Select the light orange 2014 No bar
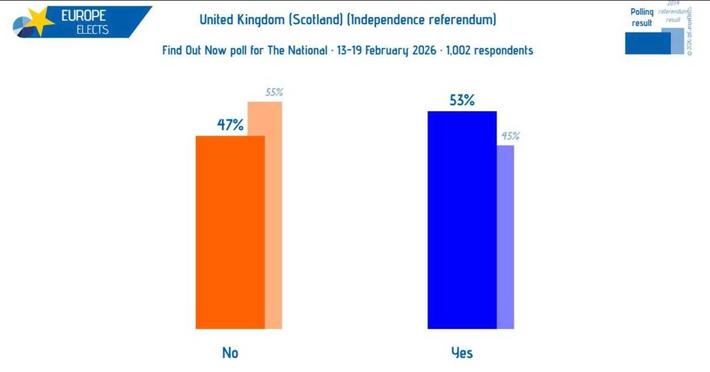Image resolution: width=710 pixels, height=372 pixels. (273, 216)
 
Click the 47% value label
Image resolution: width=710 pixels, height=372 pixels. (230, 125)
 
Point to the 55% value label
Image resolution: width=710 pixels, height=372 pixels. (274, 93)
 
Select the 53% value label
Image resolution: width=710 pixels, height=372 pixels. (462, 100)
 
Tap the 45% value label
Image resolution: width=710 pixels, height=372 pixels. (510, 136)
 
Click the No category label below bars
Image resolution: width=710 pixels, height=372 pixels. (230, 353)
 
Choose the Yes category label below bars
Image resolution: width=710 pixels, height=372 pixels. (461, 353)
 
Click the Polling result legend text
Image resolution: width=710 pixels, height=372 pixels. (642, 17)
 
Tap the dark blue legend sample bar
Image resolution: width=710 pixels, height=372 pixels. (647, 43)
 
